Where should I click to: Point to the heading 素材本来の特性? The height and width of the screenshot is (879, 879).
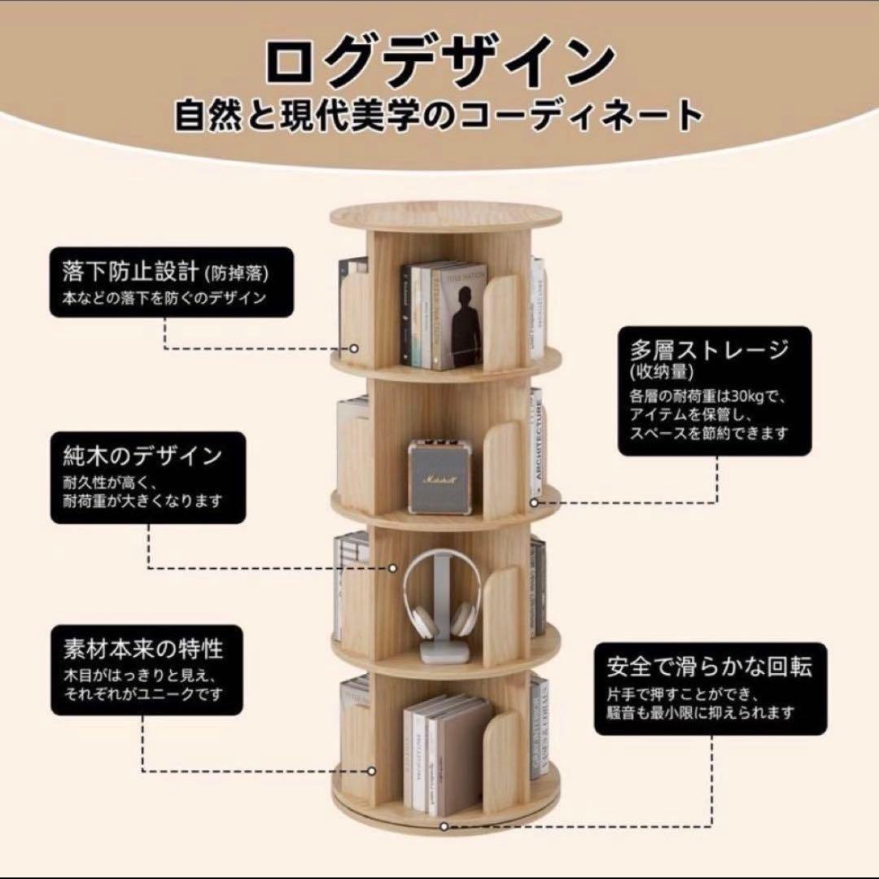pyautogui.click(x=142, y=649)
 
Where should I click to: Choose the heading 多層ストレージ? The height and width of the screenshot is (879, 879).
pyautogui.click(x=708, y=350)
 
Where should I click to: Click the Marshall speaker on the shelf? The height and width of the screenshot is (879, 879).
pyautogui.click(x=440, y=479)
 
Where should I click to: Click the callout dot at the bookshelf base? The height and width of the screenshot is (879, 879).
pyautogui.click(x=444, y=826)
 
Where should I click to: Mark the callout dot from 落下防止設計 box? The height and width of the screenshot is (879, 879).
pyautogui.click(x=354, y=348)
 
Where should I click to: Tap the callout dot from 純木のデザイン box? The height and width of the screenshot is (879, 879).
pyautogui.click(x=392, y=567)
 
